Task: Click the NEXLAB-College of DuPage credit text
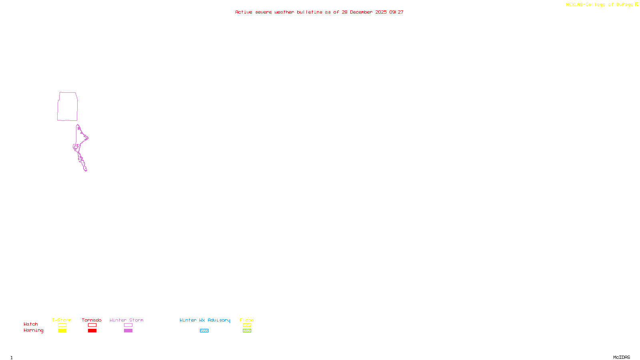[602, 5]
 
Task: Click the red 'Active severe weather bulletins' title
[319, 12]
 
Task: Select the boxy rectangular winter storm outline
[67, 106]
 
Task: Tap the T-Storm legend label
[62, 320]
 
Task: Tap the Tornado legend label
[92, 320]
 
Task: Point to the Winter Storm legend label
[126, 320]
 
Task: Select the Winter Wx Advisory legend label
[205, 320]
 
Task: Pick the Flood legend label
[247, 320]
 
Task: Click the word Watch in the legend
[31, 324]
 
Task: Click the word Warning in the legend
[34, 330]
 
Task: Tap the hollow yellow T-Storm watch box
[62, 325]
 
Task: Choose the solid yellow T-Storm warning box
[62, 331]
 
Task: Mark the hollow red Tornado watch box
[92, 325]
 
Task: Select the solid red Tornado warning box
[92, 331]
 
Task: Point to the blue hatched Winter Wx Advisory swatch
[204, 331]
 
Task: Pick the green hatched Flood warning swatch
[247, 331]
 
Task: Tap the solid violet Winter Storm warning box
[128, 331]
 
